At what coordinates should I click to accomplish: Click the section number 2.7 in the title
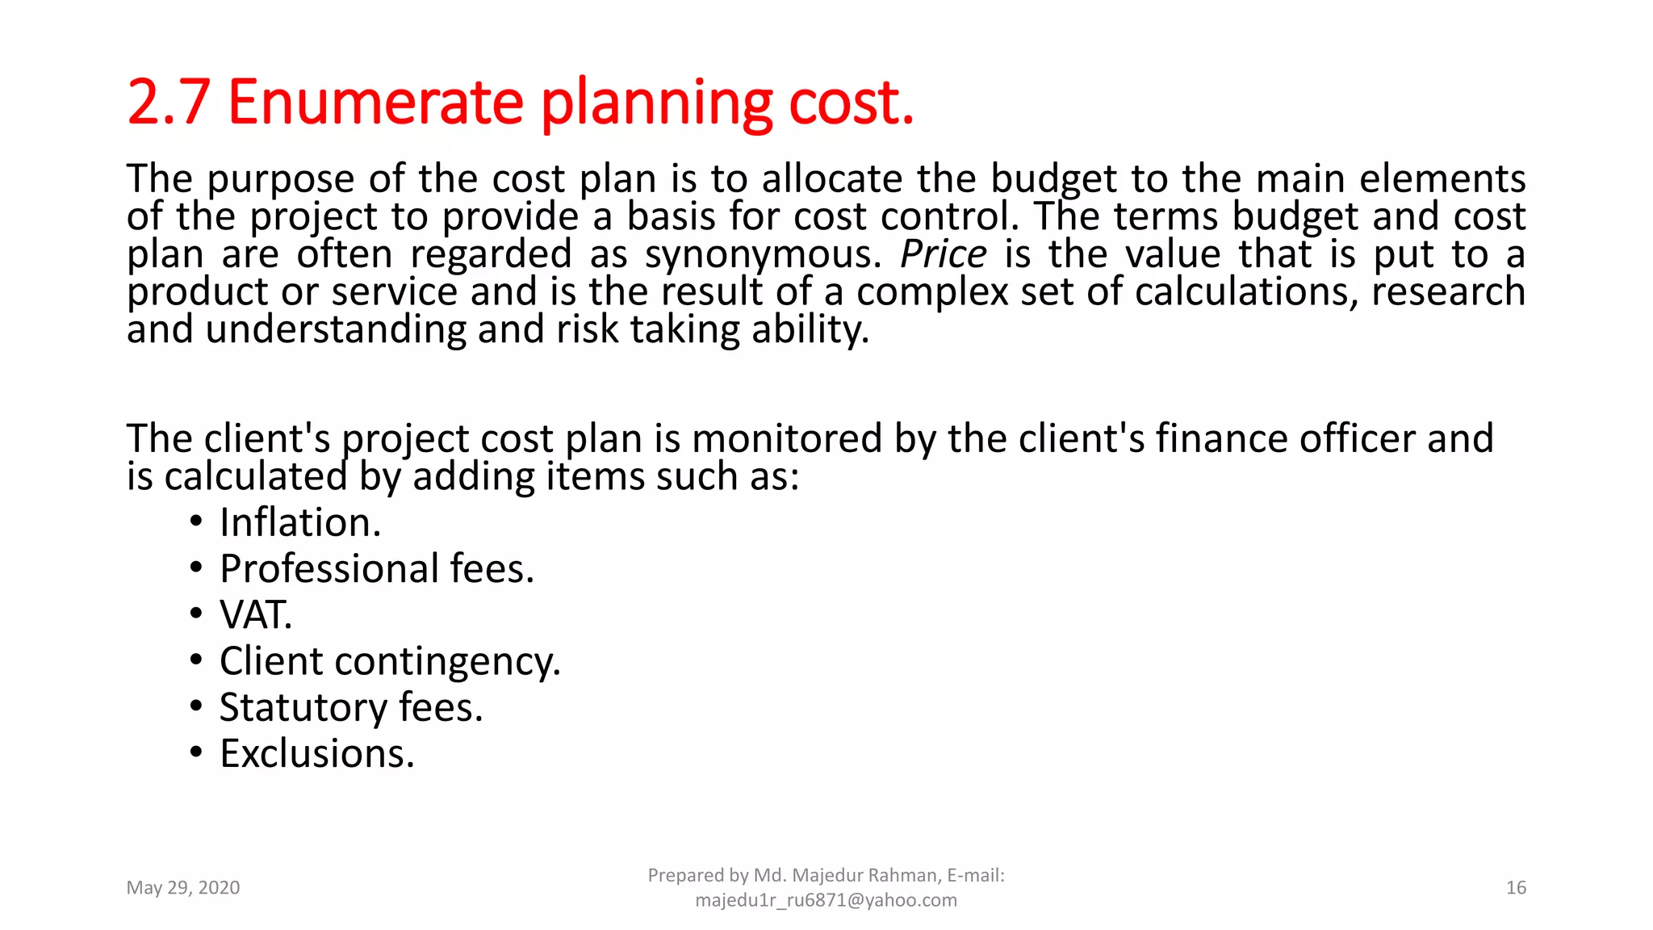click(x=169, y=103)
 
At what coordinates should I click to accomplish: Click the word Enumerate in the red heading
click(x=375, y=103)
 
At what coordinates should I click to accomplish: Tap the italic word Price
click(x=943, y=254)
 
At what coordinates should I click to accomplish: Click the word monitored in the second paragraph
click(x=787, y=439)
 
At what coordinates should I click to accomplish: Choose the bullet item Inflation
click(x=299, y=523)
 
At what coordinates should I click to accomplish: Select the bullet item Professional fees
click(x=377, y=569)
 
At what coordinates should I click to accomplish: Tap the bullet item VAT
click(x=256, y=615)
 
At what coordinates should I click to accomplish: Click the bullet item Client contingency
click(x=390, y=662)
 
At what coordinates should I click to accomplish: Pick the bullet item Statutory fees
click(x=351, y=708)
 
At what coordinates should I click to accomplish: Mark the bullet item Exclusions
click(x=316, y=754)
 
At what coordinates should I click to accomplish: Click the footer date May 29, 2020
click(x=183, y=888)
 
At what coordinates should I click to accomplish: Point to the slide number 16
click(x=1516, y=888)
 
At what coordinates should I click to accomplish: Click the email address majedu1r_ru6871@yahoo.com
click(x=826, y=900)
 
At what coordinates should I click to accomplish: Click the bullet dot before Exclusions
click(x=196, y=753)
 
